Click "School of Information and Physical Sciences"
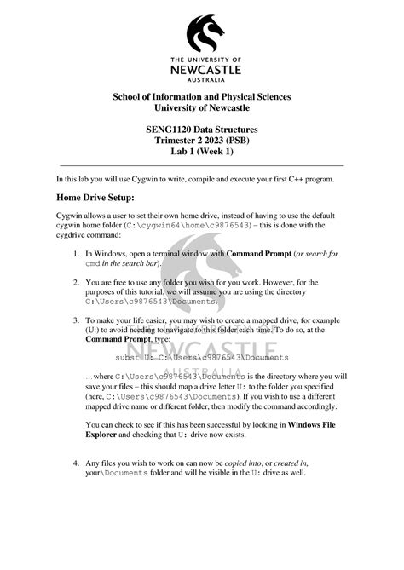(202, 96)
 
